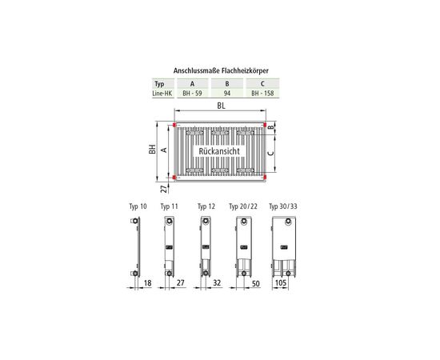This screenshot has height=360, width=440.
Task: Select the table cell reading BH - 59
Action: pos(192,94)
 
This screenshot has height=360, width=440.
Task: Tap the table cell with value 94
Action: pos(227,94)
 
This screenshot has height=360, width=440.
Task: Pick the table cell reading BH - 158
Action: pos(262,94)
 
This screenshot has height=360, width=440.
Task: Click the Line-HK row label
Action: pos(162,94)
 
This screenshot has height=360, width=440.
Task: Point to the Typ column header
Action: pos(159,84)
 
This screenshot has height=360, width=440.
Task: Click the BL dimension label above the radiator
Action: pos(221,106)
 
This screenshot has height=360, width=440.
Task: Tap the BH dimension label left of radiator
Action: pos(152,150)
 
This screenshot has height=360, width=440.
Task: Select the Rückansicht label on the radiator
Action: pos(219,151)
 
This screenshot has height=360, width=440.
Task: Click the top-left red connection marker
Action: pos(174,125)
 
